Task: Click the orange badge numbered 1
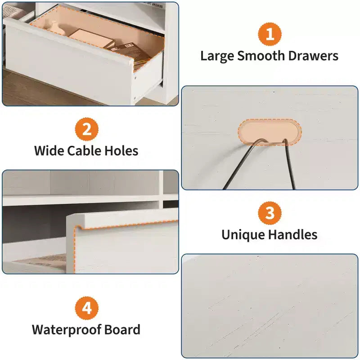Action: point(270,34)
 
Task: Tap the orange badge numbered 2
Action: point(87,129)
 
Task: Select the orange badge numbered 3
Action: point(270,213)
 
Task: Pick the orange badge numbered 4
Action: point(87,308)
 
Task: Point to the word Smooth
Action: point(261,56)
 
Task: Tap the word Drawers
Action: point(313,56)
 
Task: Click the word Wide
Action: point(49,151)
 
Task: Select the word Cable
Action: point(84,151)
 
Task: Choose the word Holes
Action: point(121,151)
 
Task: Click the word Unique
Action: point(243,235)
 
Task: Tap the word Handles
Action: point(293,234)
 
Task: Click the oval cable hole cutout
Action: point(270,132)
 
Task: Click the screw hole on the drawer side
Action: point(135,78)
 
